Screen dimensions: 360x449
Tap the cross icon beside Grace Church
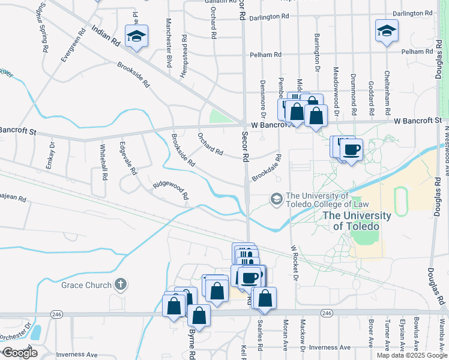coord(121,284)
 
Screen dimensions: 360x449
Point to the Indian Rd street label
coord(106,37)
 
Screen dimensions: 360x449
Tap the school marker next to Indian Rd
coord(136,36)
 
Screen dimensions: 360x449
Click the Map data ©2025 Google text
coord(411,355)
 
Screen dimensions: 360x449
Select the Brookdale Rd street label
coord(267,170)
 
